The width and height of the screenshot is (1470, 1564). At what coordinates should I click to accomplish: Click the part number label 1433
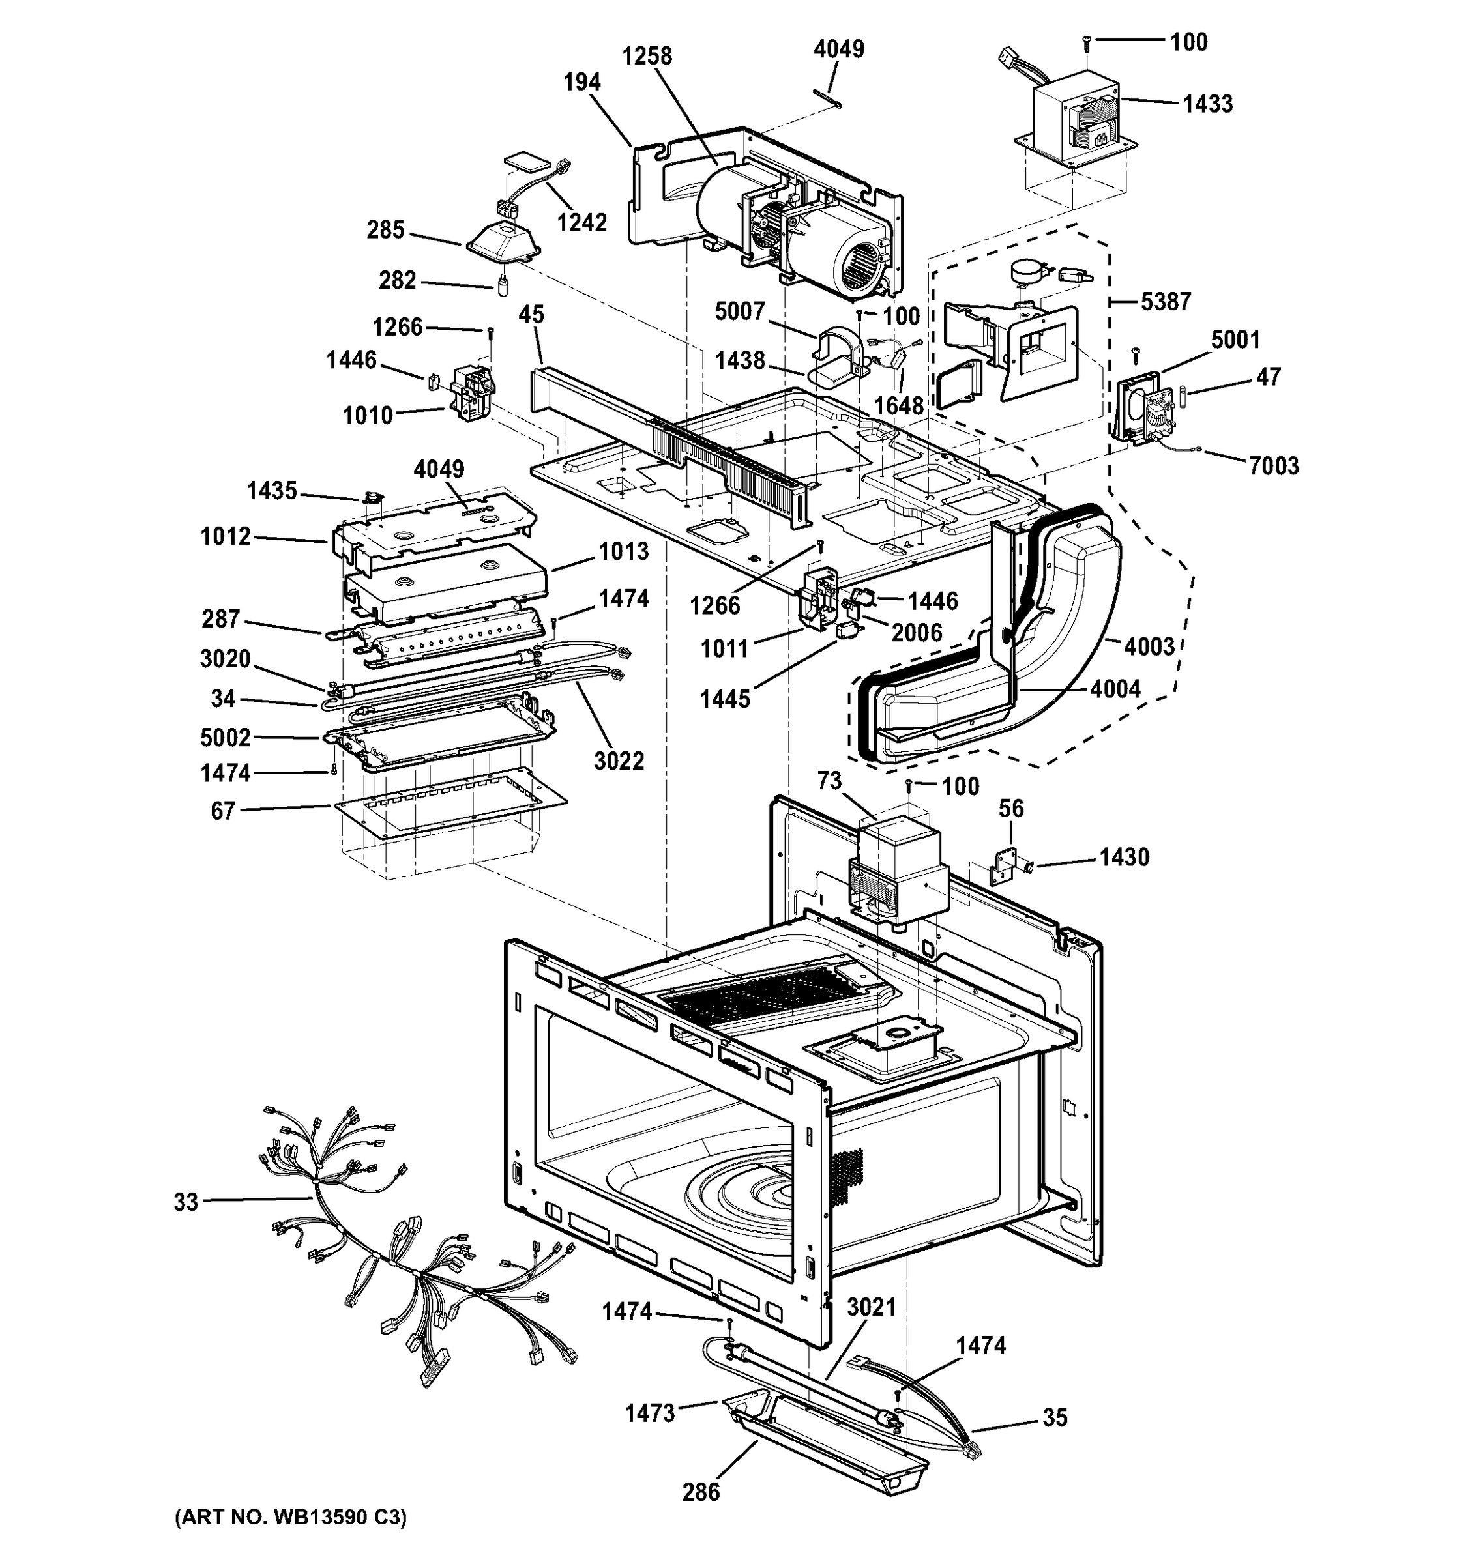coord(1207,104)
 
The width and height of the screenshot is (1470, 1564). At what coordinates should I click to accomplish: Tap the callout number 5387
coord(1166,301)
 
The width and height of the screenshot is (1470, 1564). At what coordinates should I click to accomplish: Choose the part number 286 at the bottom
coord(700,1492)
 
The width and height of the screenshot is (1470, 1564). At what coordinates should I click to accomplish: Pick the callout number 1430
coord(1124,857)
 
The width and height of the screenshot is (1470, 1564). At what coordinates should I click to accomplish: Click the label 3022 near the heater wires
coord(619,760)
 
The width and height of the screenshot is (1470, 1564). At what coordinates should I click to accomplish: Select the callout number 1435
coord(271,491)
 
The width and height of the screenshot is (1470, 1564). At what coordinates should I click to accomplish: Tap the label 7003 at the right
coord(1273,466)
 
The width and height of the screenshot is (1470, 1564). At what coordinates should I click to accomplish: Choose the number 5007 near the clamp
coord(740,311)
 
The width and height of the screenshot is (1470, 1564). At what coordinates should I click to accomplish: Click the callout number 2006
coord(917,633)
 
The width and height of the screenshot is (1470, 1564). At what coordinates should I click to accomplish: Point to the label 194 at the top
coord(581,82)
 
